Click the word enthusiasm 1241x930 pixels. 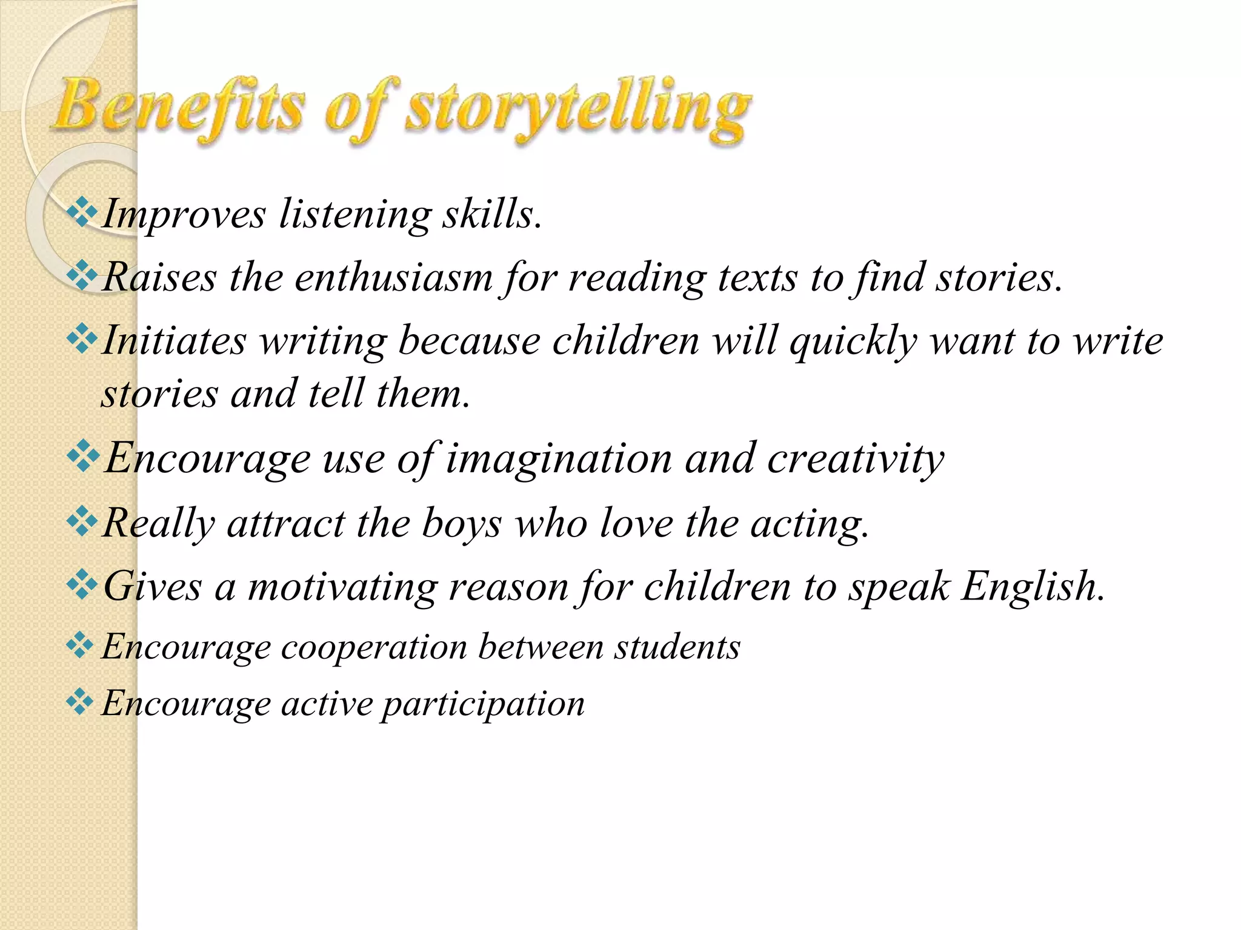click(393, 278)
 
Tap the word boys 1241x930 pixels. click(462, 523)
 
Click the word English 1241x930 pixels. click(1033, 587)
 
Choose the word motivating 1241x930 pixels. click(342, 588)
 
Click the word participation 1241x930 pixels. click(483, 705)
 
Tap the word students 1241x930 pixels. click(677, 647)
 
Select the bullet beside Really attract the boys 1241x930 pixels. click(81, 521)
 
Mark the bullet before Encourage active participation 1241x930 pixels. click(79, 702)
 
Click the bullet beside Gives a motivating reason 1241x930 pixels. click(81, 585)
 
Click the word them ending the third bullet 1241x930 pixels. click(422, 394)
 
